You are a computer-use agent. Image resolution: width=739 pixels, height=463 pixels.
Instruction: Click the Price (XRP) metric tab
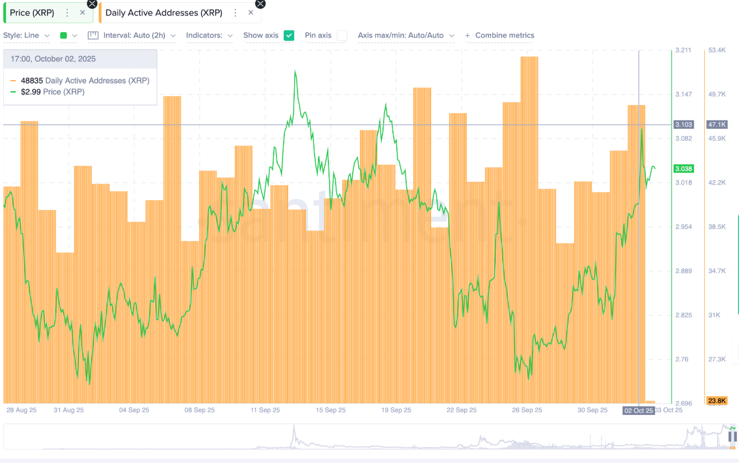pos(32,13)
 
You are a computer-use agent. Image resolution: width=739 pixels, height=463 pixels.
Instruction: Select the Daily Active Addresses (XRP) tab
pos(163,13)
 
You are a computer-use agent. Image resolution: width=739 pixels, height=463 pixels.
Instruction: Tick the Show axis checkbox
pos(289,35)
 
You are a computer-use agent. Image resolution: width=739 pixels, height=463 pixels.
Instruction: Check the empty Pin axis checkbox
pos(342,35)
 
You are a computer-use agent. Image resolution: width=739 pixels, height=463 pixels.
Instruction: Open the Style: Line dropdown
pos(26,35)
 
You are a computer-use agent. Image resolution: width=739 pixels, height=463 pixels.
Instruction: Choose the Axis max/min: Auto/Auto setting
pos(406,35)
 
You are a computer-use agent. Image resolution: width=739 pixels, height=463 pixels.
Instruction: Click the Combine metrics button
pos(500,35)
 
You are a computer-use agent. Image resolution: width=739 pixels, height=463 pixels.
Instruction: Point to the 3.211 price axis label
pos(683,50)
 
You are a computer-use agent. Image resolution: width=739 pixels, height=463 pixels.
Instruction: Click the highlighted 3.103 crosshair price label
pos(683,125)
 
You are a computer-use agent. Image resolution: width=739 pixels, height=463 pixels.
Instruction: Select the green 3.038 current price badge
pos(683,169)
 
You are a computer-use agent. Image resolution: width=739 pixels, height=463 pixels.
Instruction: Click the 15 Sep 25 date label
pos(331,410)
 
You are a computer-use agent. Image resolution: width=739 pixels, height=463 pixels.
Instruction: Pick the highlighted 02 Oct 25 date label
pos(638,410)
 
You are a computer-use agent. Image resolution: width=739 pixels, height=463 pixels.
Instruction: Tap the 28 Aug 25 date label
pos(22,410)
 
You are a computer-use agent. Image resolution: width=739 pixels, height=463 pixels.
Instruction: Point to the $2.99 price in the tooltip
pos(29,92)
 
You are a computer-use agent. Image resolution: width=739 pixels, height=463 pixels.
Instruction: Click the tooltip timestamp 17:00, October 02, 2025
pos(53,59)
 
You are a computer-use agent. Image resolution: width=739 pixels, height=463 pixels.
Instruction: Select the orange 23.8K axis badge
pos(717,401)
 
